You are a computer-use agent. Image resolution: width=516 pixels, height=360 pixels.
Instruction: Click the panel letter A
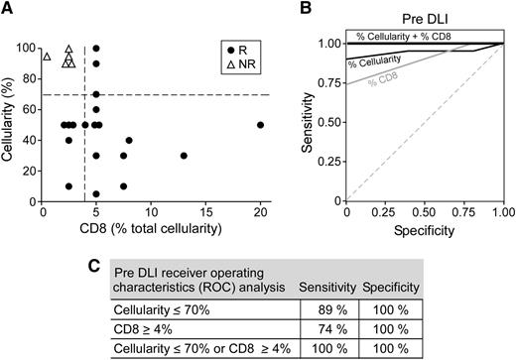click(7, 9)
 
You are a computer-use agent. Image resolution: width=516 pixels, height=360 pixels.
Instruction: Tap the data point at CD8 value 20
click(260, 125)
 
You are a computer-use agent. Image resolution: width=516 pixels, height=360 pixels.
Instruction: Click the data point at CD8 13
click(184, 156)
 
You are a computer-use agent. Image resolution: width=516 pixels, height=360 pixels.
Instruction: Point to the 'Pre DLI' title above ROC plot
click(424, 18)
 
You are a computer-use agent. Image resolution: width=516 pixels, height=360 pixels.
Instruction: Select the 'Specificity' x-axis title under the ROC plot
click(425, 231)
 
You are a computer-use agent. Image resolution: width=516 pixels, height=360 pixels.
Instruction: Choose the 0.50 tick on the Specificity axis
click(425, 212)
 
